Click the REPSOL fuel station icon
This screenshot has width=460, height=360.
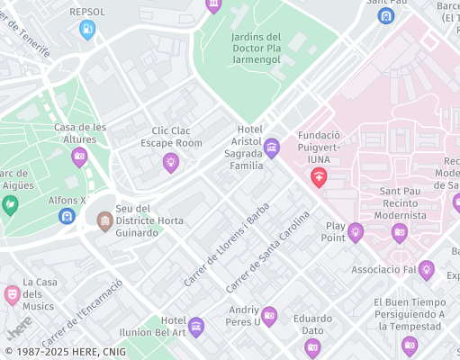pyautogui.click(x=87, y=31)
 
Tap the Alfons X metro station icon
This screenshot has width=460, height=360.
pyautogui.click(x=67, y=216)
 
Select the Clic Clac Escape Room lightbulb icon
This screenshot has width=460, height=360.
pyautogui.click(x=170, y=162)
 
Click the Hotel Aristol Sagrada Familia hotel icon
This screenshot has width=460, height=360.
pyautogui.click(x=272, y=148)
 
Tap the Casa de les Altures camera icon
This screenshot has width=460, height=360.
pyautogui.click(x=79, y=157)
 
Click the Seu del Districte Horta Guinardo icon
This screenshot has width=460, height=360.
pyautogui.click(x=104, y=220)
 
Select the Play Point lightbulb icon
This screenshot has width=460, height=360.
pyautogui.click(x=356, y=232)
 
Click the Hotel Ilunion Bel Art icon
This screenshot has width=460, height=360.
pyautogui.click(x=196, y=326)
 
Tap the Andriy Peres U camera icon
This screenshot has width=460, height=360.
pyautogui.click(x=269, y=315)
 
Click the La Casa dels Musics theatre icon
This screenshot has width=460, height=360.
pyautogui.click(x=12, y=294)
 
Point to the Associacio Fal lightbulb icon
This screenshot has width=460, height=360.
pyautogui.click(x=427, y=269)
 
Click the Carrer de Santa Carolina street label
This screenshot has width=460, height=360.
pyautogui.click(x=267, y=252)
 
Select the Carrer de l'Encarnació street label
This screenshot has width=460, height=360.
pyautogui.click(x=94, y=306)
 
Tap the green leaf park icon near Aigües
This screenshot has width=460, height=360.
pyautogui.click(x=10, y=204)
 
